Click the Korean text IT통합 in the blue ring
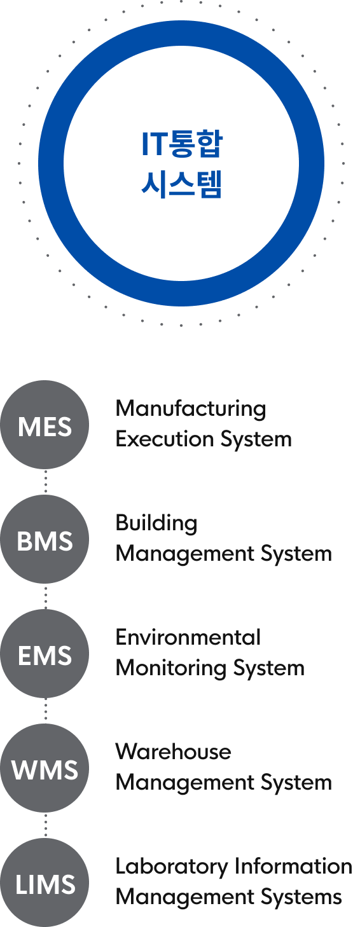pyautogui.click(x=182, y=144)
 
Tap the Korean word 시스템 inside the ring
pyautogui.click(x=182, y=184)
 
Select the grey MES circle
pyautogui.click(x=45, y=425)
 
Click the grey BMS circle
pyautogui.click(x=45, y=540)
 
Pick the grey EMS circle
pyautogui.click(x=45, y=654)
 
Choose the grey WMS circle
pyautogui.click(x=45, y=769)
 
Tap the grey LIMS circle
pyautogui.click(x=45, y=883)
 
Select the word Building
pyautogui.click(x=156, y=524)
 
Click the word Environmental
pyautogui.click(x=188, y=637)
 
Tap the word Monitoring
pyautogui.click(x=171, y=669)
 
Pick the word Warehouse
pyautogui.click(x=174, y=752)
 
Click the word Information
pyautogui.click(x=293, y=866)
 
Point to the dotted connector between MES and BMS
pyautogui.click(x=46, y=482)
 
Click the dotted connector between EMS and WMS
pyautogui.click(x=46, y=711)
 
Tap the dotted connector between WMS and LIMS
pyautogui.click(x=46, y=826)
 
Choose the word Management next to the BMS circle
pyautogui.click(x=185, y=554)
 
